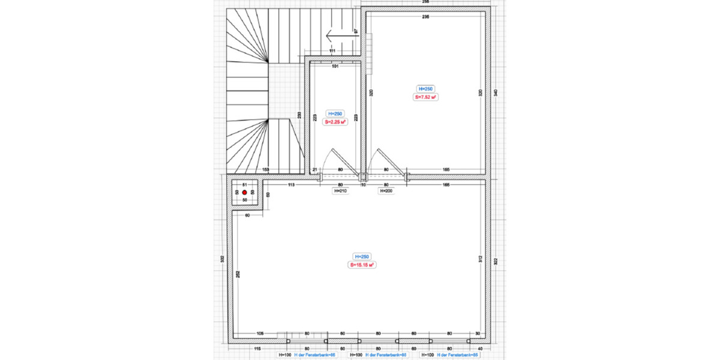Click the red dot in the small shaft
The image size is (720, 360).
click(244, 192)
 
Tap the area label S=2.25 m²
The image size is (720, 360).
click(335, 121)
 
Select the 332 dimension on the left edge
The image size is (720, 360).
click(222, 259)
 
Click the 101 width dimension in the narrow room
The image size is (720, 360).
click(335, 66)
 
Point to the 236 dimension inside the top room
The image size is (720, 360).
click(425, 17)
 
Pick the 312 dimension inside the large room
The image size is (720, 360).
click(479, 259)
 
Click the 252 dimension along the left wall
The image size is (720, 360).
click(238, 274)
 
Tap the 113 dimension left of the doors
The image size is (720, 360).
click(292, 185)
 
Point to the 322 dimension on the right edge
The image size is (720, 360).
click(495, 261)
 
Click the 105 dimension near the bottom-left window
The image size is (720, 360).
click(260, 333)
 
